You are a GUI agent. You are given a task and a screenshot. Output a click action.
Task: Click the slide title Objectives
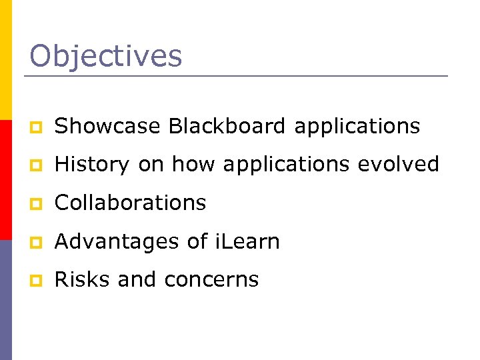pyautogui.click(x=105, y=56)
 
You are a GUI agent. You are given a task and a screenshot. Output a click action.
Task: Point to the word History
pyautogui.click(x=92, y=165)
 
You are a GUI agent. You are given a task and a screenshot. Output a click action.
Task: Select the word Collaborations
pyautogui.click(x=130, y=203)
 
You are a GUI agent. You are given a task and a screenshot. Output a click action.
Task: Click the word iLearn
pyautogui.click(x=247, y=241)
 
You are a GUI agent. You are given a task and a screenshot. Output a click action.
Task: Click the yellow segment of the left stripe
pyautogui.click(x=6, y=60)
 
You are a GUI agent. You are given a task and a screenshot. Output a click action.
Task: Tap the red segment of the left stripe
pyautogui.click(x=6, y=180)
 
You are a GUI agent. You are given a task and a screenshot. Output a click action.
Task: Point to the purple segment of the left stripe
pyautogui.click(x=6, y=300)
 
